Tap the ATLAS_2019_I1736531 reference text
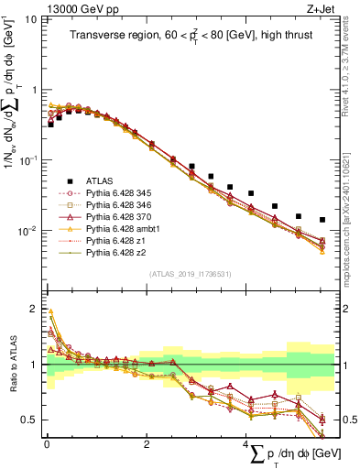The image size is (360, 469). tap(189, 274)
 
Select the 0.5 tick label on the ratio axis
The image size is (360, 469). tap(28, 420)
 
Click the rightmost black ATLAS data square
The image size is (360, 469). tap(322, 220)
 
